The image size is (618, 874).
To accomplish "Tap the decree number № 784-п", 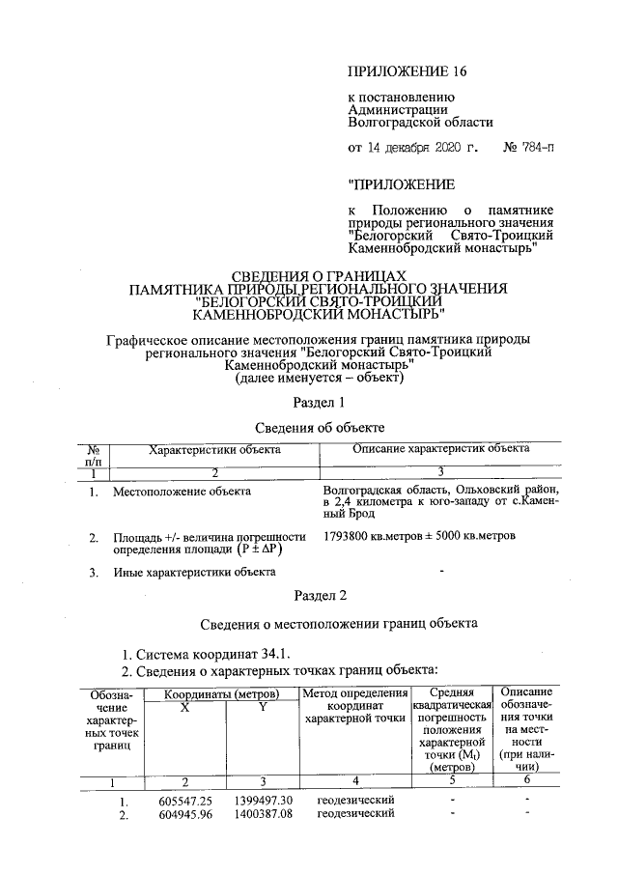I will [x=530, y=149].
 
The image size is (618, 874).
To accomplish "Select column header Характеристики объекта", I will [x=214, y=449].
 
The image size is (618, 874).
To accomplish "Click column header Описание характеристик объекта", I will [x=440, y=449].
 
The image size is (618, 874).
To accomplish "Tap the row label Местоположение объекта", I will [x=182, y=492].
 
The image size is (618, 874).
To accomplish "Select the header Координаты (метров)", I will [x=221, y=694].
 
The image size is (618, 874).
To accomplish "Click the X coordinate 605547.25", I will [x=184, y=802].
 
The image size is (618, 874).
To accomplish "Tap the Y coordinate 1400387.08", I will [x=262, y=815].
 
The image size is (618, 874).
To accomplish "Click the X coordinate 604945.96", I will [x=184, y=815].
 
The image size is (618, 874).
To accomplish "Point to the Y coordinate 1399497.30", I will [x=262, y=802].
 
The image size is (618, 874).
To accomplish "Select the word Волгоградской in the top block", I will [x=392, y=123].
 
